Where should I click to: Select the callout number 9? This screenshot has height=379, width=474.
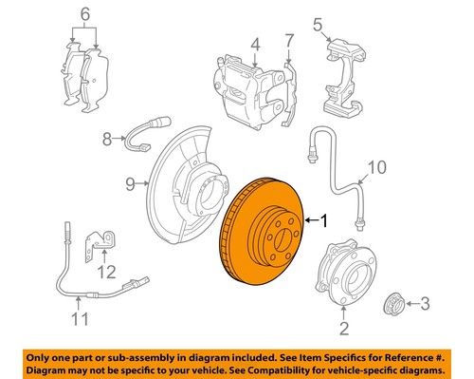376,169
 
